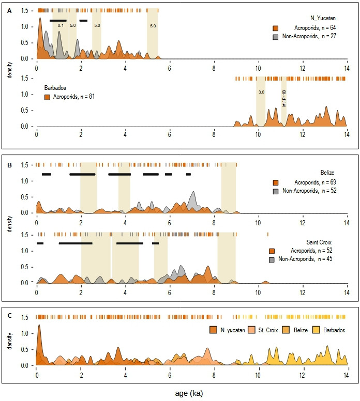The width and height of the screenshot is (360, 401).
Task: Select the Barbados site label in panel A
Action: pos(53,87)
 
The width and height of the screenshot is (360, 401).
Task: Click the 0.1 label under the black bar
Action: pos(61,25)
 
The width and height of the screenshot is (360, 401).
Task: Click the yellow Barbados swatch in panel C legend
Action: pos(312,329)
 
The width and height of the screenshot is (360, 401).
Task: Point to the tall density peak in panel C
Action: pos(39,327)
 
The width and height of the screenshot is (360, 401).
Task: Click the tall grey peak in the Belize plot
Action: pos(193,194)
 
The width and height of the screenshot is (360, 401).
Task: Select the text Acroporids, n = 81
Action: pos(70,97)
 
